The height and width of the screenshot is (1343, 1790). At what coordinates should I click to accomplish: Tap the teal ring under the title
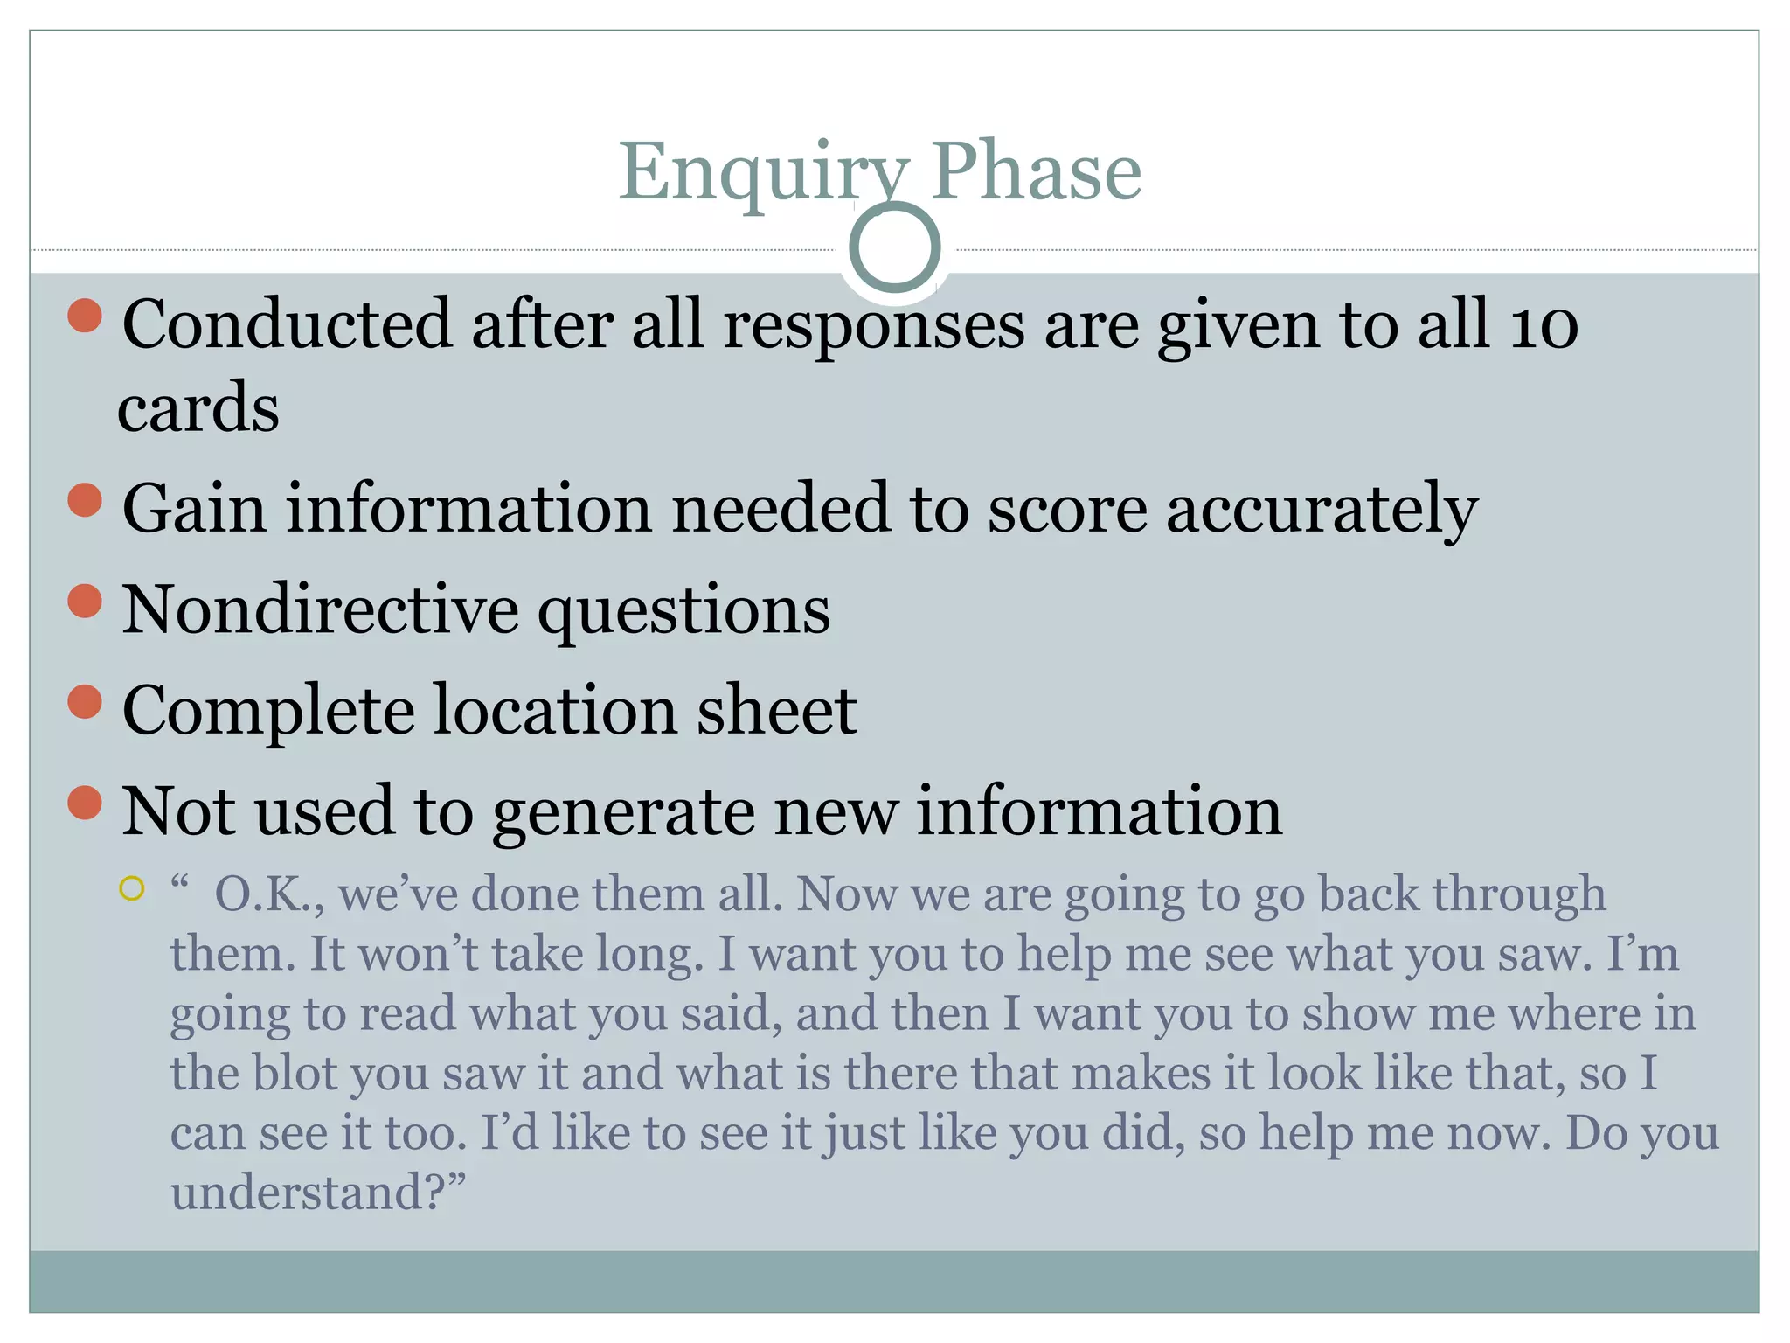point(894,247)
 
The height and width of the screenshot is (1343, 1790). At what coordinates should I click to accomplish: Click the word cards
point(198,409)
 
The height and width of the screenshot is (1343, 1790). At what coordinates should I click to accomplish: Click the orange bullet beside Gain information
point(85,501)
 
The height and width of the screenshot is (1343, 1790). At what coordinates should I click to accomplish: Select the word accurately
point(1322,511)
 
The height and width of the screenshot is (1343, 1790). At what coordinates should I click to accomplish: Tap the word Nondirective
point(320,609)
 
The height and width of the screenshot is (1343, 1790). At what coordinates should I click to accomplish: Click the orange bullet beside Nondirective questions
point(85,602)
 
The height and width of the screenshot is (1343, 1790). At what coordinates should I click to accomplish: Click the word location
point(555,710)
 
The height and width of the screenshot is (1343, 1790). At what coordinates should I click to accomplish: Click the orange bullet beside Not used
point(85,803)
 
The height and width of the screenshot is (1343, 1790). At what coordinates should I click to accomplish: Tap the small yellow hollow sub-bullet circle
point(131,889)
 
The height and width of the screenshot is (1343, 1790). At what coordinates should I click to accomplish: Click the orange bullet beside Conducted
point(85,316)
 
